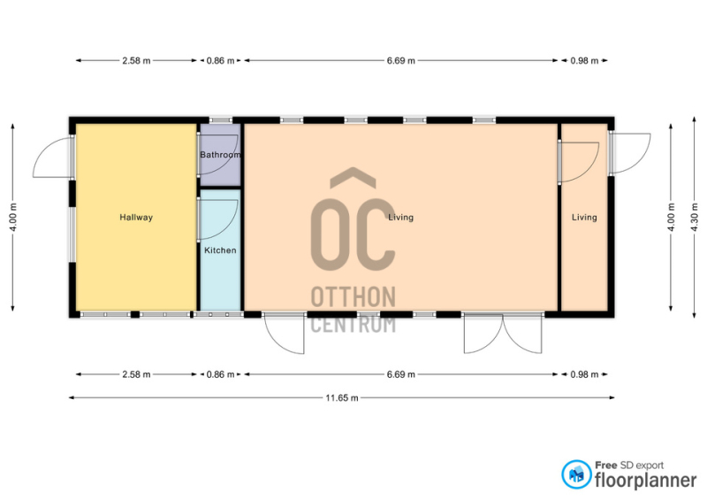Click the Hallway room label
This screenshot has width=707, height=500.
pos(136,217)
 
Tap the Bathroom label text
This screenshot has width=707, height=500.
pos(220,155)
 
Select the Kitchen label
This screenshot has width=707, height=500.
pos(220,250)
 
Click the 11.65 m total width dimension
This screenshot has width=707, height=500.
pos(342,398)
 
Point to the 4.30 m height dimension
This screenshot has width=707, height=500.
pos(695,217)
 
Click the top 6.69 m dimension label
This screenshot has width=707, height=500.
pos(401,60)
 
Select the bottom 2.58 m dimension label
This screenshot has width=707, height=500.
pos(136,374)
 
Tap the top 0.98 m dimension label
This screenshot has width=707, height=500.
pos(584,60)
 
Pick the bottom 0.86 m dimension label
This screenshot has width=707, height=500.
pos(220,374)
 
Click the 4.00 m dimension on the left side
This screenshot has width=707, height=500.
pos(13,217)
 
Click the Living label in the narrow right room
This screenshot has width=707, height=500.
pos(584,217)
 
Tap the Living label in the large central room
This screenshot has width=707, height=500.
pos(401,217)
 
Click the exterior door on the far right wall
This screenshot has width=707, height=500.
pos(630,154)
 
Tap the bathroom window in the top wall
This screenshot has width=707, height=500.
pos(220,120)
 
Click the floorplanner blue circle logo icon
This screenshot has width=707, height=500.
pos(576,474)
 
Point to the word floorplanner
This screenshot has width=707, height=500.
pos(646,481)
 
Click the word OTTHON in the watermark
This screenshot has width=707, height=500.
pos(353,296)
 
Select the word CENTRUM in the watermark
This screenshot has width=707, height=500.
pos(353,324)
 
